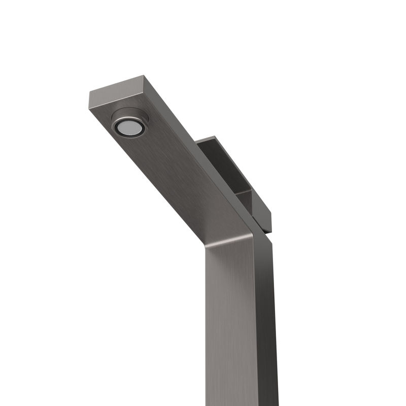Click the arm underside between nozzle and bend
point(183,178)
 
